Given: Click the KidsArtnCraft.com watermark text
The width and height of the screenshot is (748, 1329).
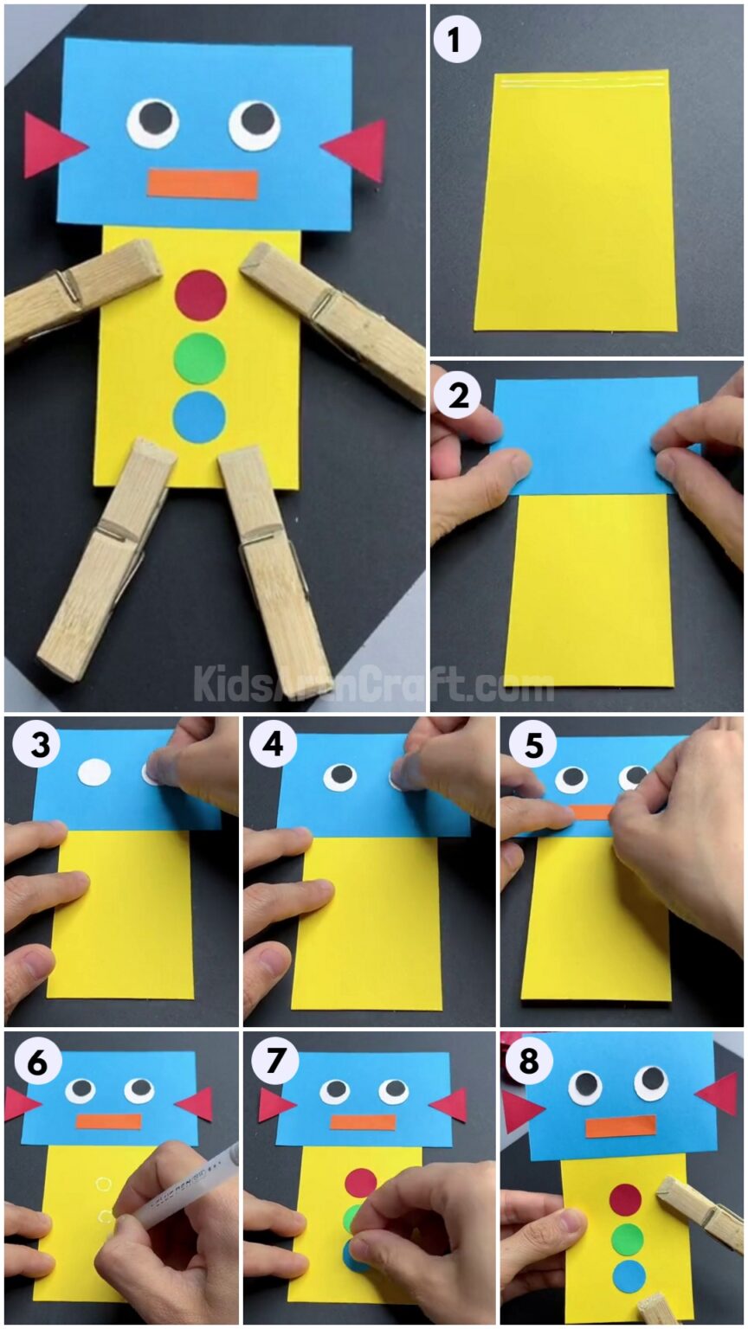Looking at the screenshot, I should pyautogui.click(x=372, y=684).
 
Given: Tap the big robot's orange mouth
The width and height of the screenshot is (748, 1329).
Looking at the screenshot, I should pyautogui.click(x=203, y=184).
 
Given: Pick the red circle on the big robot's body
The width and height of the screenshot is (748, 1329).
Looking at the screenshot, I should pyautogui.click(x=200, y=295).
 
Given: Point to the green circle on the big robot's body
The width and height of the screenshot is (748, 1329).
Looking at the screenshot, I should pyautogui.click(x=200, y=357).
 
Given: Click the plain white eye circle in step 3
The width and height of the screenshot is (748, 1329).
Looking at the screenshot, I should pyautogui.click(x=94, y=771).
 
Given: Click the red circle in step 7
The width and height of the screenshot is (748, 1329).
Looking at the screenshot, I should pyautogui.click(x=360, y=1182).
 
